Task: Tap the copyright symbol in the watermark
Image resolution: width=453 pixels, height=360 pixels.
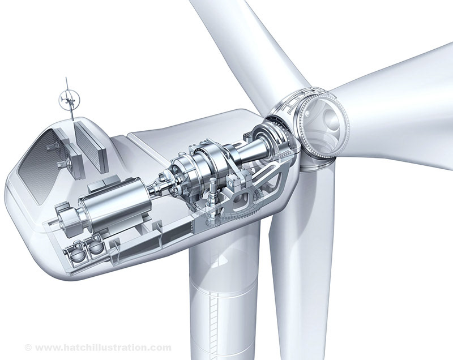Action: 28,347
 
